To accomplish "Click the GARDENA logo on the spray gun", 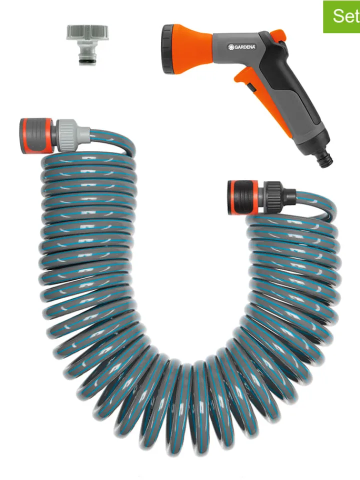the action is pos(242,47).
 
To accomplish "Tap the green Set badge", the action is pos(341,16).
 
